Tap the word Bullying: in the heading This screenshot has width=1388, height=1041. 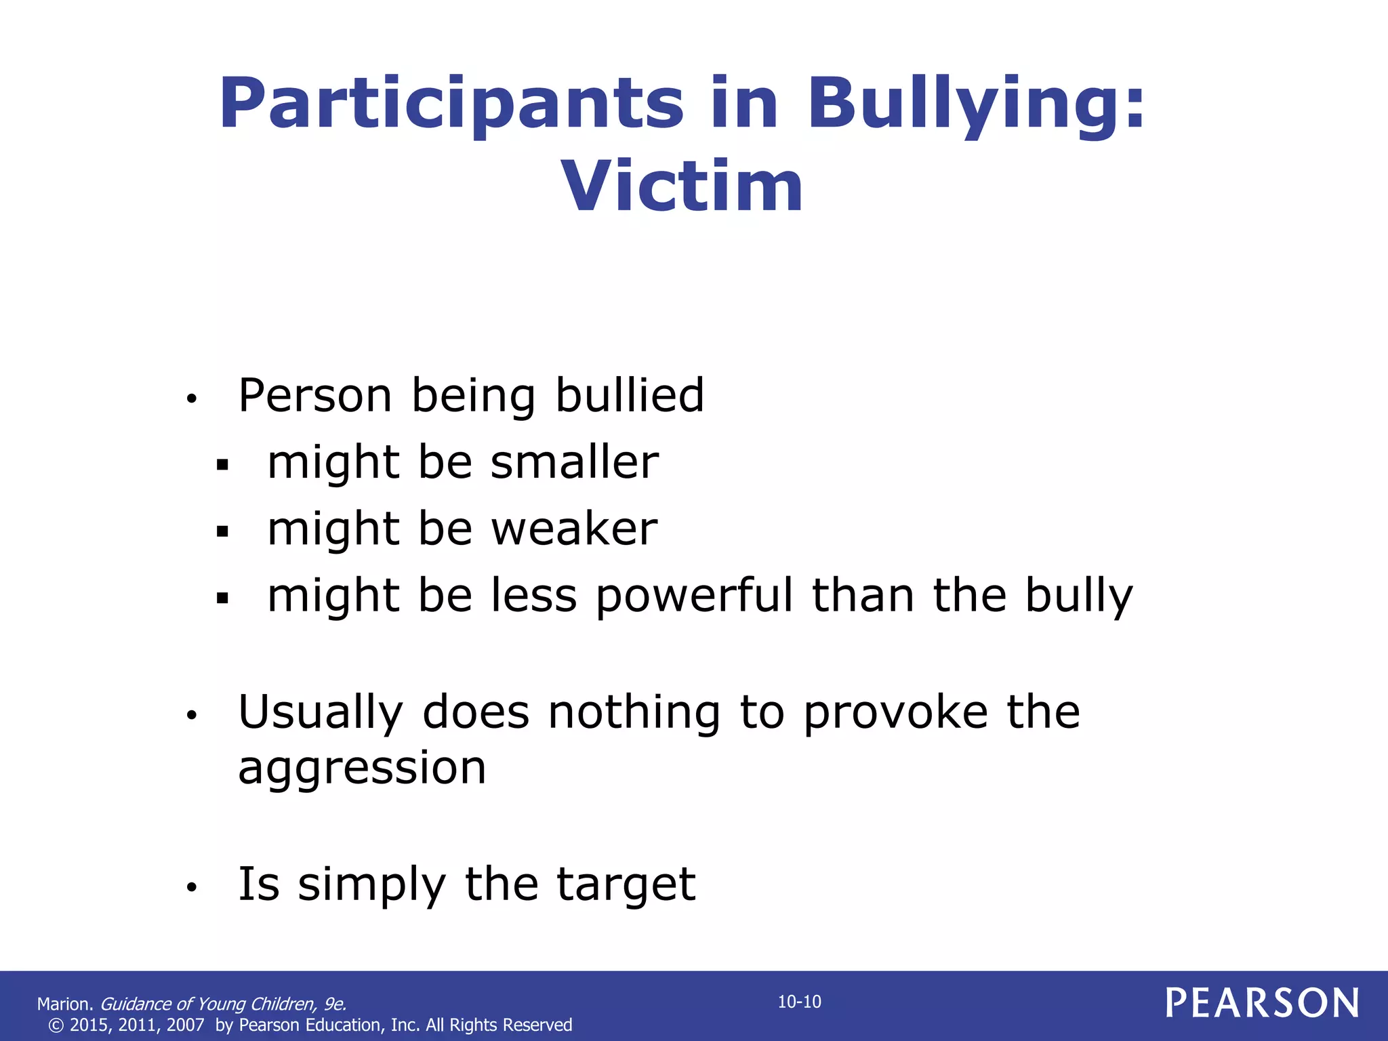[976, 105]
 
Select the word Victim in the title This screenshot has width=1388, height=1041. [682, 187]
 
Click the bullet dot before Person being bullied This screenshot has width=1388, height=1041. [192, 399]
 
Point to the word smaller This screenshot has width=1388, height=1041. [575, 463]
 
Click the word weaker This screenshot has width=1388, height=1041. [574, 529]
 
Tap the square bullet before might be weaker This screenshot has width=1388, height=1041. [222, 532]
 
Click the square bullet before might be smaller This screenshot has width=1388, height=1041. [222, 466]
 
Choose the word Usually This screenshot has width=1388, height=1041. [321, 713]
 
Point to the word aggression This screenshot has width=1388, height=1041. [362, 769]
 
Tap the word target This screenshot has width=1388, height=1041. [626, 884]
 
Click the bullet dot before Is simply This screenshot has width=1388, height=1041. [192, 887]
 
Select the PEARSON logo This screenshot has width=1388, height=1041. [1263, 1003]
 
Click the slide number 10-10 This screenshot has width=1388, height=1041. [799, 1002]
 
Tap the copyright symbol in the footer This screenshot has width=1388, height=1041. [56, 1025]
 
